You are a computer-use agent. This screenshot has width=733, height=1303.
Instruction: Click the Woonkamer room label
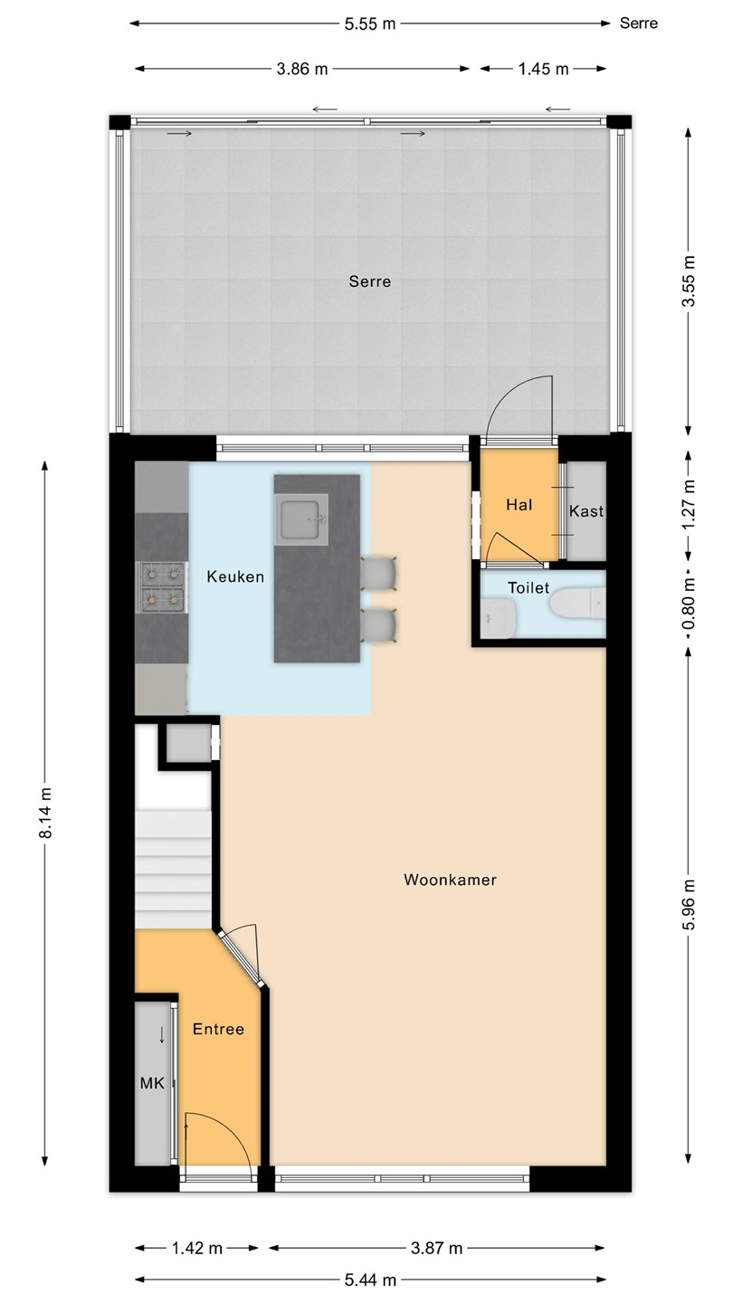point(451,880)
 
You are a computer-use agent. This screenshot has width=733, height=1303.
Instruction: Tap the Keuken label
point(235,576)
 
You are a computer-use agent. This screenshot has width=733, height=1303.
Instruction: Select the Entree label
point(218,1029)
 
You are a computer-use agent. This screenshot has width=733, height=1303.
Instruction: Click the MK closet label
point(152,1083)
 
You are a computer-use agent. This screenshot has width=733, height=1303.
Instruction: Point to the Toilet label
point(528,587)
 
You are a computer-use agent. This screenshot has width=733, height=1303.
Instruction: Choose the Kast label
point(586,511)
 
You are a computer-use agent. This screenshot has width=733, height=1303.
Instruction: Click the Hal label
point(519,504)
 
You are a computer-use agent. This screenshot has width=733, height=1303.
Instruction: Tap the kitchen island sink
point(301,519)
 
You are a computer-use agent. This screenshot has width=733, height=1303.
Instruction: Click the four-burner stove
point(162,587)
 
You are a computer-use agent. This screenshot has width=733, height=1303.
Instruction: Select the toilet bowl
point(577,604)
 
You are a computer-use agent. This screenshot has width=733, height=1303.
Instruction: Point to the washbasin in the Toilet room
point(500,618)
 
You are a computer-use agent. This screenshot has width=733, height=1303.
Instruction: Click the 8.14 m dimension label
point(45,813)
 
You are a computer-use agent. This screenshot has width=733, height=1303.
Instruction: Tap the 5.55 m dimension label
point(370,24)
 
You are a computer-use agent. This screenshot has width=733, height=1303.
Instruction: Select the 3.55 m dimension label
point(689,281)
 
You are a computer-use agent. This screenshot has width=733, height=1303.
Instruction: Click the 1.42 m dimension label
point(197,1248)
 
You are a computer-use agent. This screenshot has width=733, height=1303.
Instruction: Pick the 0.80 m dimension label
point(689,604)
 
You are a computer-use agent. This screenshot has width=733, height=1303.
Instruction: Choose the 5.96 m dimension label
point(689,905)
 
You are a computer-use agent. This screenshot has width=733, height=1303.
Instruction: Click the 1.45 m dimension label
point(543,69)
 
